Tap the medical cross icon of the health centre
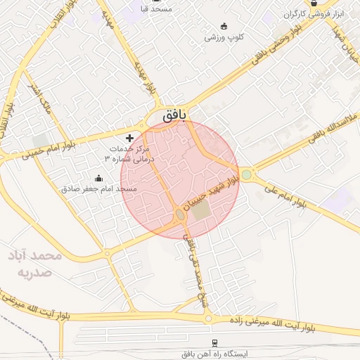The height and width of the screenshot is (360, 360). [129, 137]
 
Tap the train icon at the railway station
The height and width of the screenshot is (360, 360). [212, 342]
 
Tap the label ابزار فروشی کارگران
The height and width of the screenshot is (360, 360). [313, 14]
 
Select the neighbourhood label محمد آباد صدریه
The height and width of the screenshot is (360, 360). [35, 263]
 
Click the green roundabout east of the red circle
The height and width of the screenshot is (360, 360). [246, 174]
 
